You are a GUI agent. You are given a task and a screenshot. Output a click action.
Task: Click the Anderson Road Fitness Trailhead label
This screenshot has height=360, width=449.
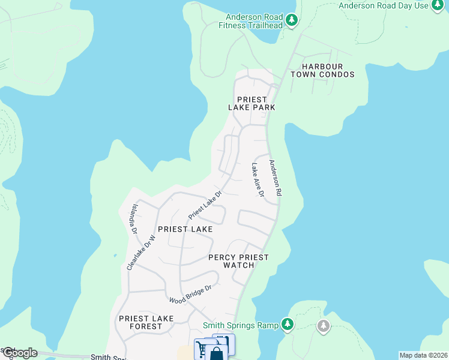254,21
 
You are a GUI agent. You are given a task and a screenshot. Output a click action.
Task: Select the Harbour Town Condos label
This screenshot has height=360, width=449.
322,70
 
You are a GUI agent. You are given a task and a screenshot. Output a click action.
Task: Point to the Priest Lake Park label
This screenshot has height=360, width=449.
252,103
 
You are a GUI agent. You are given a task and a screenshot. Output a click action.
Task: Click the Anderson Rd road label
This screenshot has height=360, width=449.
275,178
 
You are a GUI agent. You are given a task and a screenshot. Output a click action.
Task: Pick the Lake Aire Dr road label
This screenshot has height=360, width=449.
258,180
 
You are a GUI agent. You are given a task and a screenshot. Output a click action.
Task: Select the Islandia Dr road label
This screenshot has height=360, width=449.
134,218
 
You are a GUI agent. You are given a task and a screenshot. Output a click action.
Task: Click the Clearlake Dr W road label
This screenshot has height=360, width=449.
142,252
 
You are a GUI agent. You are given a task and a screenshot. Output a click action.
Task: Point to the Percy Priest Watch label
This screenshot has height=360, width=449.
238,261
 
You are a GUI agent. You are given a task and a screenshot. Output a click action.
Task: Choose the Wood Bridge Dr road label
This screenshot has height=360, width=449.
190,293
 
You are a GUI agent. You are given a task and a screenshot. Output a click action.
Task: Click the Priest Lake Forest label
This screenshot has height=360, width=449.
146,322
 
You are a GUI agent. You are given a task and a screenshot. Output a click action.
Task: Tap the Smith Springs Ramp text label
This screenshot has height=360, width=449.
240,325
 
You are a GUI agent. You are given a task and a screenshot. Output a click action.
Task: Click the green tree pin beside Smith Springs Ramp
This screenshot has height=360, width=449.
288,325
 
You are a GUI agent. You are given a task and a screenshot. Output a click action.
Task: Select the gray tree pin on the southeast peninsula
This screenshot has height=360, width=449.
324,326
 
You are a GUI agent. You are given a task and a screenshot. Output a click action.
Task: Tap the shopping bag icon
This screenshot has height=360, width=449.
216,353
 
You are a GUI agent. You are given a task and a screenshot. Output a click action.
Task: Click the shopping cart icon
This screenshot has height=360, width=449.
202,348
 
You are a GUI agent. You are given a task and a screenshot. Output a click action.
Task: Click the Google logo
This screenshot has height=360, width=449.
20,352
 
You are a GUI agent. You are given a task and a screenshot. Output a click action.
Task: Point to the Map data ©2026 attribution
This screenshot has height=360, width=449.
423,355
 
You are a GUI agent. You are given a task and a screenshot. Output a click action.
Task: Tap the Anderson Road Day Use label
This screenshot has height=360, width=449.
384,5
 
